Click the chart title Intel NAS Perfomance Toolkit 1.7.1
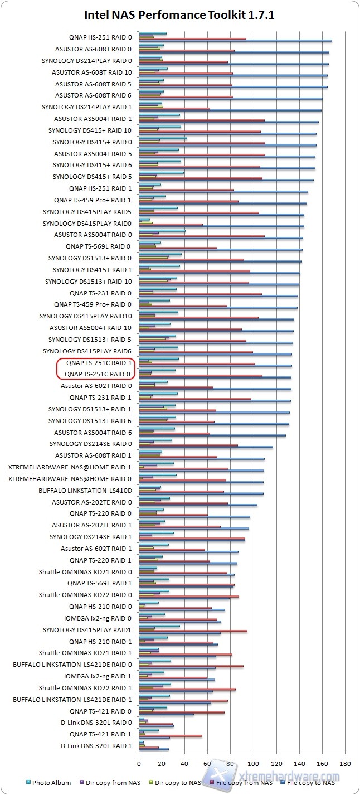click(x=179, y=15)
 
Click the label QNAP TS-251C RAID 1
click(x=98, y=363)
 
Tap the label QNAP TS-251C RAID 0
click(x=98, y=374)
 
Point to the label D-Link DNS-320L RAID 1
click(x=96, y=746)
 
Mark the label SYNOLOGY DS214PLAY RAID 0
click(x=87, y=61)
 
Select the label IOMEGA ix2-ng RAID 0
click(x=98, y=618)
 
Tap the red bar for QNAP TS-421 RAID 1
click(x=171, y=736)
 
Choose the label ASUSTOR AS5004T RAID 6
click(x=93, y=433)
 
